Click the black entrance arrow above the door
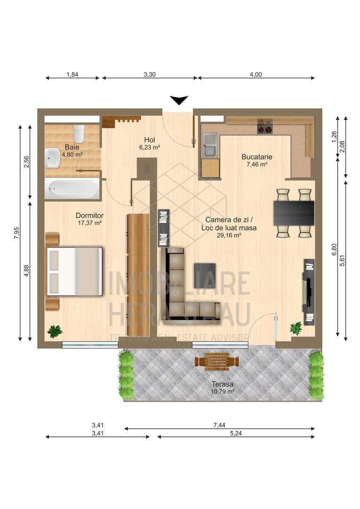pos(179,100)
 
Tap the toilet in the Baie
pos(79,133)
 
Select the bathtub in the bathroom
pos(72,188)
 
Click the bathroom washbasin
pos(53,158)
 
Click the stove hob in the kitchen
pos(264,126)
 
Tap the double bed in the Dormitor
pos(74,271)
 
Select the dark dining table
pos(294,213)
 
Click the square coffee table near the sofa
pos(205,276)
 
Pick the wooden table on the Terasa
pos(217,361)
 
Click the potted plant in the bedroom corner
pos(55,331)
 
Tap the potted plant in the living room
pos(296,328)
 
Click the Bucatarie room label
pos(257,157)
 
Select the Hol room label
pos(149,140)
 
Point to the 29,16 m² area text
pos(229,236)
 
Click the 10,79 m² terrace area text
pos(223,392)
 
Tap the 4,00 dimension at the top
pos(256,74)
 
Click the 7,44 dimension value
pos(220,425)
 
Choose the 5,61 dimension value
pos(342,261)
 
